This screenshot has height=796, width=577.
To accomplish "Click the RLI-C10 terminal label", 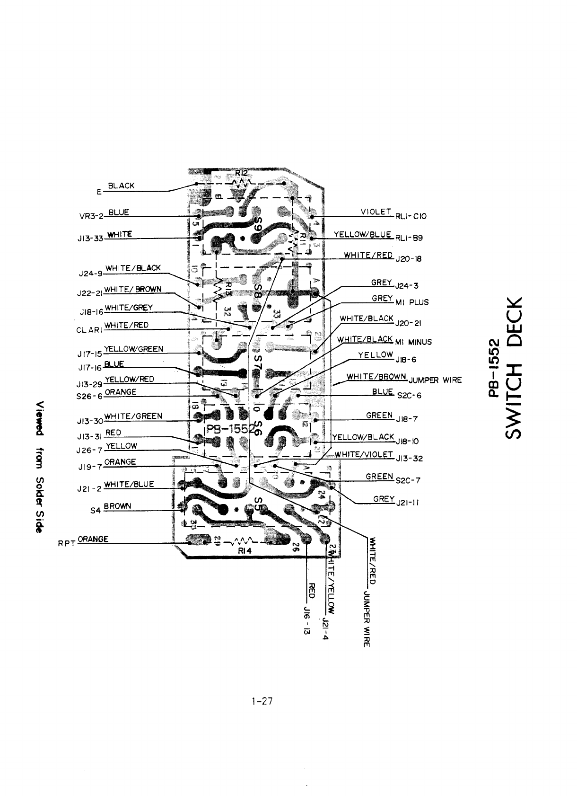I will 411,216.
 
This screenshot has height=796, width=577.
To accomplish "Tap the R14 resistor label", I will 245,551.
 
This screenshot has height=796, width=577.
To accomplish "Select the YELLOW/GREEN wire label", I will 133,349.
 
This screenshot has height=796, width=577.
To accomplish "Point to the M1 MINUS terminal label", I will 413,342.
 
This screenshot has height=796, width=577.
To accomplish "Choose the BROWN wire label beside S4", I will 117,506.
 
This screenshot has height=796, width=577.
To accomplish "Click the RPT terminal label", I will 66,543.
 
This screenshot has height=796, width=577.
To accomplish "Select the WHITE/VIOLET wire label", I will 364,455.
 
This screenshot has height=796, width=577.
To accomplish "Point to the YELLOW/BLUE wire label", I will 362,234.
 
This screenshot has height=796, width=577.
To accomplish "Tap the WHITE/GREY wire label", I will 128,308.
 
